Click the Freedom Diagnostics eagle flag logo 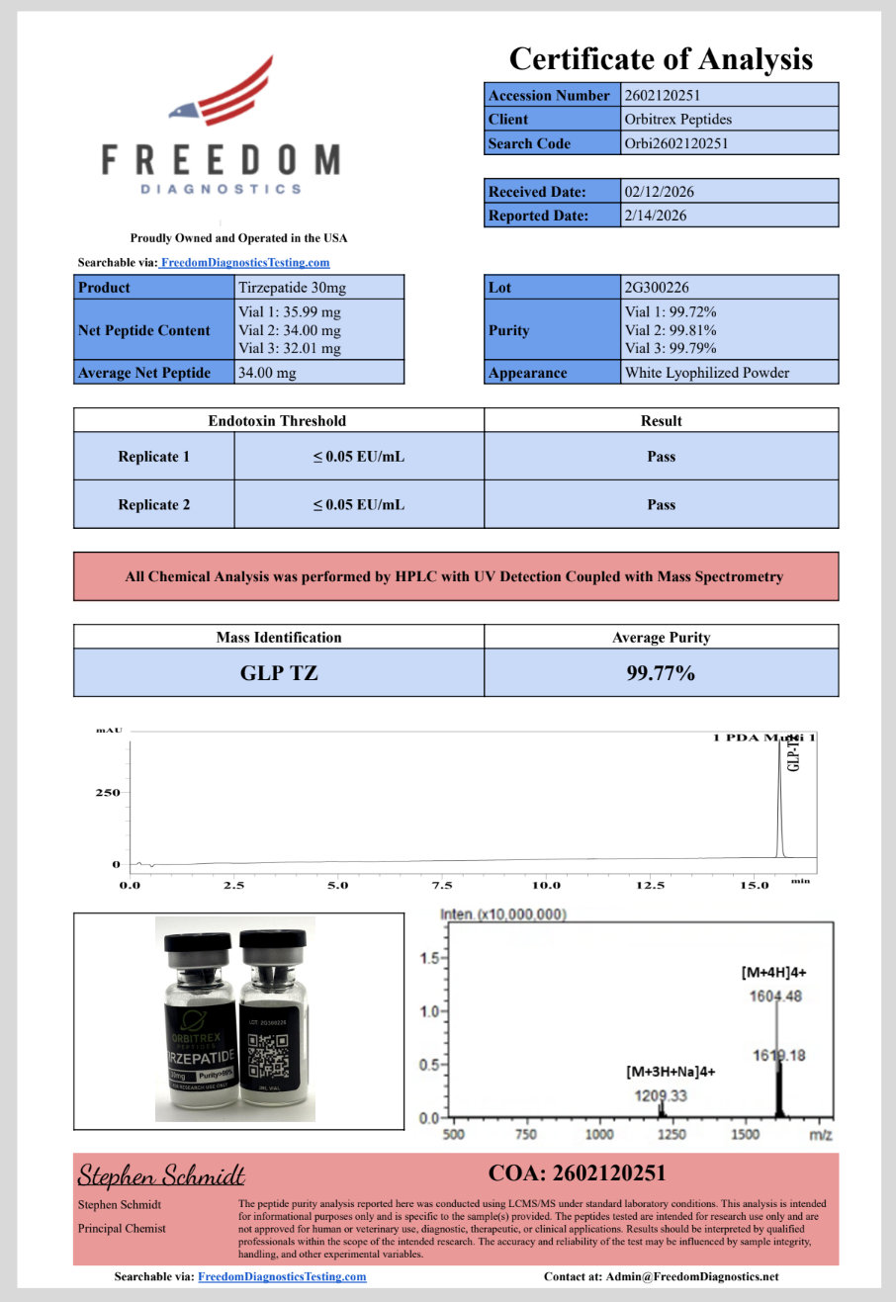[x=223, y=94]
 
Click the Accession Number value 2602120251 [x=662, y=96]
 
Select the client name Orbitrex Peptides [x=678, y=120]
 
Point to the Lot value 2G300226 [x=657, y=288]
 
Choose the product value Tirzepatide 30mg [x=293, y=288]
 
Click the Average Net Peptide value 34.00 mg [x=267, y=373]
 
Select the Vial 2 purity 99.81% [x=671, y=330]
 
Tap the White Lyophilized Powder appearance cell [x=707, y=373]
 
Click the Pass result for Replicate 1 [x=661, y=457]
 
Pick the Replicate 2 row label [x=153, y=504]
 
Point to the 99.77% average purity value [x=661, y=673]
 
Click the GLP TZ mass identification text [x=279, y=673]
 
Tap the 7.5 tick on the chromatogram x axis [x=442, y=886]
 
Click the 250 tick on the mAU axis [x=107, y=793]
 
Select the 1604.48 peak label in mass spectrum [x=775, y=997]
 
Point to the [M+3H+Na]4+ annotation [x=671, y=1072]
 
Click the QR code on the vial [x=267, y=1056]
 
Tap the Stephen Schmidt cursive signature [x=161, y=1175]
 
